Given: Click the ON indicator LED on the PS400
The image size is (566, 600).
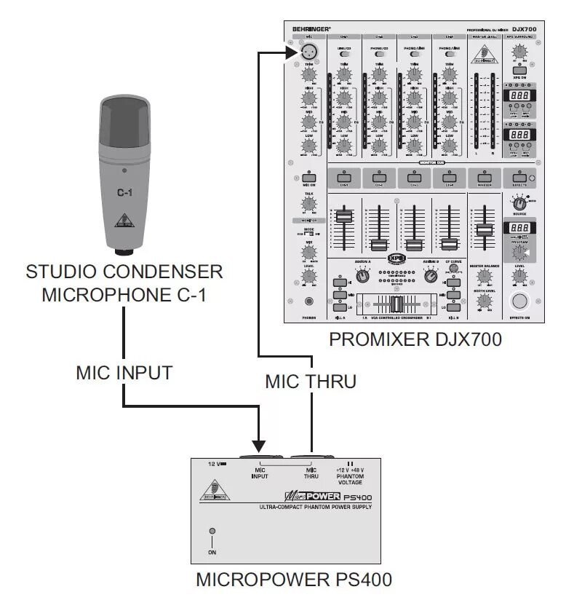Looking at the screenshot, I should pos(212,532).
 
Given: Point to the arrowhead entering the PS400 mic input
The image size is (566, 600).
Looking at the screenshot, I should pos(258,444).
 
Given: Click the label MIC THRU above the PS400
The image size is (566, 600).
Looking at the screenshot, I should pos(311,381).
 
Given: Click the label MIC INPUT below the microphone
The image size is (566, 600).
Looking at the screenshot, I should pos(124,373).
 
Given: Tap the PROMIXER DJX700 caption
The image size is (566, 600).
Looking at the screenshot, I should pos(415,340).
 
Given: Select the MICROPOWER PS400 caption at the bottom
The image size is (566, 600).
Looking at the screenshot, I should pos(295,580).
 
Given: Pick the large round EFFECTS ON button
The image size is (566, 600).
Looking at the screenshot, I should pos(519,303).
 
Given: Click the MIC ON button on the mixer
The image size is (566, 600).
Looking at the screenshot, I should pos(309,177).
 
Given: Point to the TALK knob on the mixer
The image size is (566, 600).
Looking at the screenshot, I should pos(309,203).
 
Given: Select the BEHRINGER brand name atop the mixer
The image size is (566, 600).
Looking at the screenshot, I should pos(311,29).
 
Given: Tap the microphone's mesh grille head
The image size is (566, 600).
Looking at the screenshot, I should pos(127,120).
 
